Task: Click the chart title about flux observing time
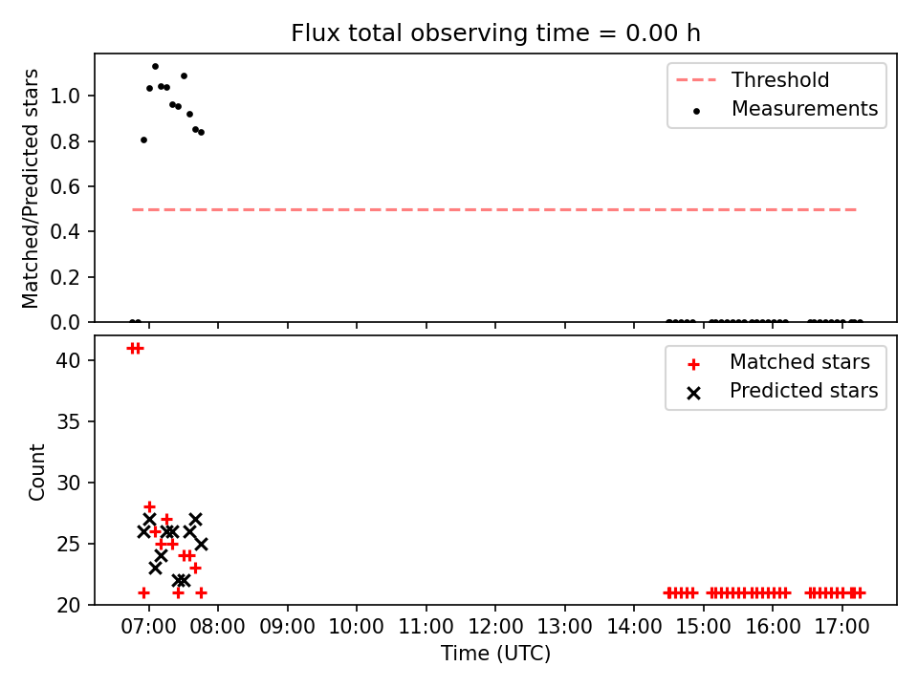[495, 33]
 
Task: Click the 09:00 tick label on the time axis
[288, 627]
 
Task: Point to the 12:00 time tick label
[495, 627]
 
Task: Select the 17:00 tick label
[841, 627]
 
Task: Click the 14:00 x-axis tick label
[634, 627]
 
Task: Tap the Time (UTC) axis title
[495, 653]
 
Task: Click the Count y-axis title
[36, 472]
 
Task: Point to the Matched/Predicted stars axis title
[30, 188]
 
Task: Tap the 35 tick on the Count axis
[68, 421]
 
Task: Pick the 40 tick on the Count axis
[68, 360]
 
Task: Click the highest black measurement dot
[155, 67]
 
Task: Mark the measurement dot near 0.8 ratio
[144, 140]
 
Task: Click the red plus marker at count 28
[149, 506]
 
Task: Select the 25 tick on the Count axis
[68, 544]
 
